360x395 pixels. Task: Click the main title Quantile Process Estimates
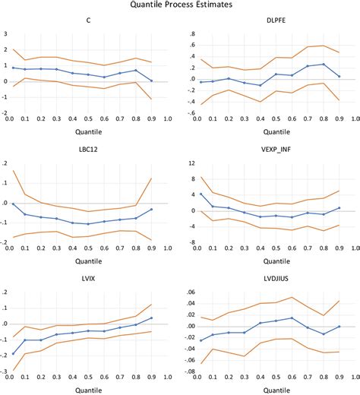pyautogui.click(x=180, y=5)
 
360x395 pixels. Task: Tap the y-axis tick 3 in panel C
pyautogui.click(x=6, y=34)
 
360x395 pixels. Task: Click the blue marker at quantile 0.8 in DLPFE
pyautogui.click(x=323, y=64)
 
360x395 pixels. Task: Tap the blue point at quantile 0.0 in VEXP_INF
pyautogui.click(x=201, y=194)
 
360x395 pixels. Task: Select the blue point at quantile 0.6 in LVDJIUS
pyautogui.click(x=292, y=318)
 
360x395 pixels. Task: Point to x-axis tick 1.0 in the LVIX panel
pyautogui.click(x=167, y=378)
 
